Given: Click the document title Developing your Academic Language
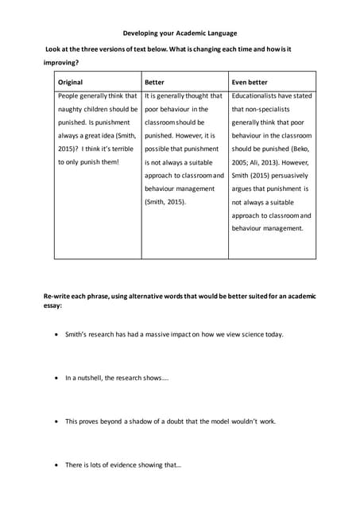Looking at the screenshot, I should (x=180, y=33).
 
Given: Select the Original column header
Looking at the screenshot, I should (x=70, y=82).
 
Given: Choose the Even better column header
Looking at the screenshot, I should (x=250, y=82).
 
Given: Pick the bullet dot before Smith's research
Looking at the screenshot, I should (x=55, y=335).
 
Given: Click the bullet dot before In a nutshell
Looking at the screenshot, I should (x=55, y=379).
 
